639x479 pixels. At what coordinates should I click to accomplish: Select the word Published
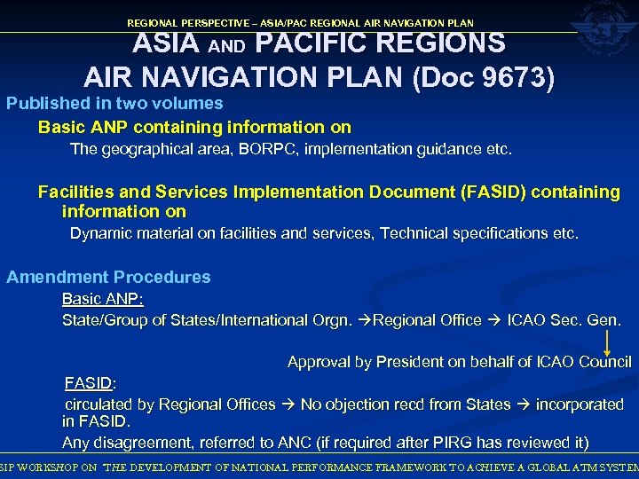[x=46, y=104]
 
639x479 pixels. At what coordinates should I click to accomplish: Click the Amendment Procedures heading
[x=108, y=277]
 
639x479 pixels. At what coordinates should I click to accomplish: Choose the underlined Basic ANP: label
[x=102, y=299]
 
